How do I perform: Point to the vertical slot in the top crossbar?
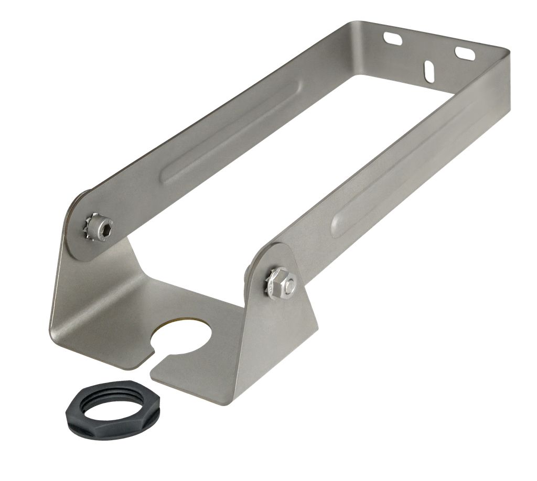click(x=428, y=69)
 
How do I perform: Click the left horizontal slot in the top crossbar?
click(x=393, y=38)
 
